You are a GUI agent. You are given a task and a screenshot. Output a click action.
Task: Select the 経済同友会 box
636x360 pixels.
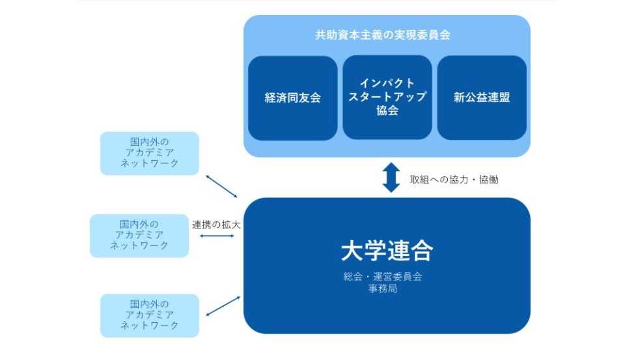(x=292, y=98)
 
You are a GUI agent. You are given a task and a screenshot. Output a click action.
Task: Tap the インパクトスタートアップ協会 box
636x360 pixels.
(x=387, y=97)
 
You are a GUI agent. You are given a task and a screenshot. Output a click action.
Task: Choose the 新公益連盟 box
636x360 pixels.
(x=482, y=98)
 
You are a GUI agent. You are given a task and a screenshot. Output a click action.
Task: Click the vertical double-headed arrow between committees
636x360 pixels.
(x=391, y=177)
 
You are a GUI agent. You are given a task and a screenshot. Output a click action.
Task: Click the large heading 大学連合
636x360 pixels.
(x=387, y=250)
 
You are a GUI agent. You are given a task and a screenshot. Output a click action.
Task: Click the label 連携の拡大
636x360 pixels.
(x=216, y=225)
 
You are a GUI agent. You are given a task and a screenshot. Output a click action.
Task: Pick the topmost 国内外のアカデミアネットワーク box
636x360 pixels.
(x=149, y=153)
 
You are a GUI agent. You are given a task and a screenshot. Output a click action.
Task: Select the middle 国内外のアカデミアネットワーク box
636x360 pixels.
(x=139, y=235)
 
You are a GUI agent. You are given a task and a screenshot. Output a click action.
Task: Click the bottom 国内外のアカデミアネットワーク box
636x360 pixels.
(x=149, y=315)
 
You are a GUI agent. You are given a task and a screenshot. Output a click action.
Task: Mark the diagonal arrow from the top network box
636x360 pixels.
(x=221, y=186)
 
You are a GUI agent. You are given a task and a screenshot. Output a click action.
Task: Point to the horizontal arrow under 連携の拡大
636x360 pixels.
(x=217, y=236)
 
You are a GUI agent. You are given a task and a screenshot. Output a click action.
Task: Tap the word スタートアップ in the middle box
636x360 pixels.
(x=387, y=97)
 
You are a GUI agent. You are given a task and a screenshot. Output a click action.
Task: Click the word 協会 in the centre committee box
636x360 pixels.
(x=387, y=111)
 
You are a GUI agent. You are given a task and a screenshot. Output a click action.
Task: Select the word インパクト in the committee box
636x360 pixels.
(x=387, y=83)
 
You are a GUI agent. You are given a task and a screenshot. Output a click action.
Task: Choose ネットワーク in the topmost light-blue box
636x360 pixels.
(x=149, y=163)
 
